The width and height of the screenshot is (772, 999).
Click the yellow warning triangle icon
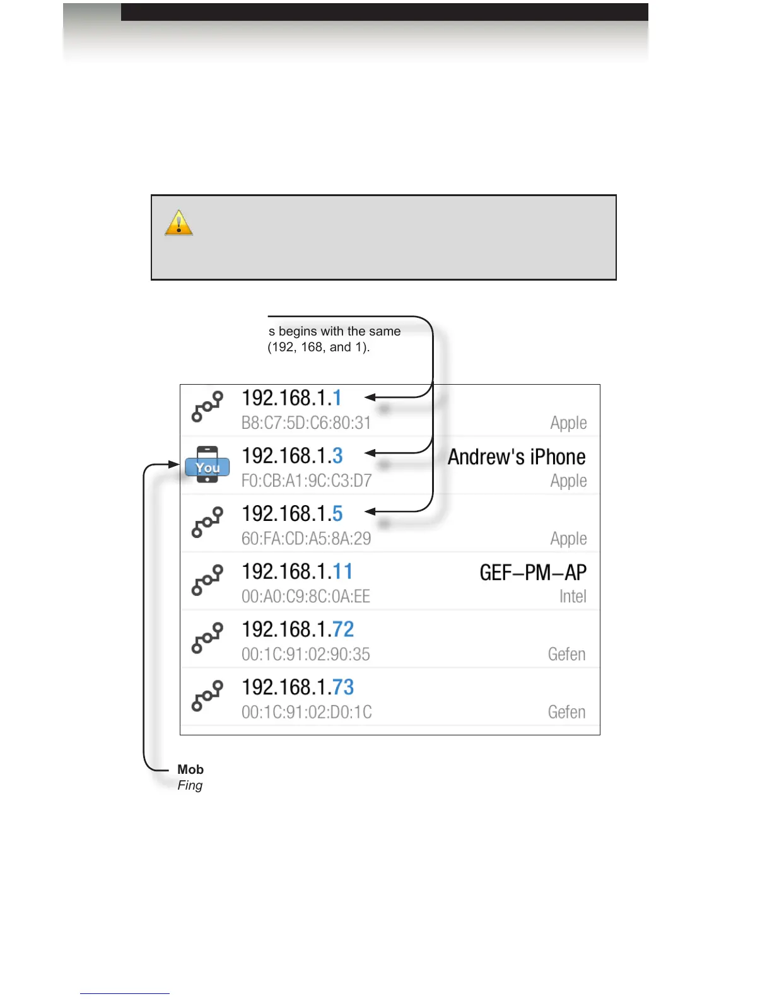(178, 223)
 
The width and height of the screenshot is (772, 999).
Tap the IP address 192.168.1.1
(291, 398)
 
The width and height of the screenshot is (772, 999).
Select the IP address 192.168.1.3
(292, 456)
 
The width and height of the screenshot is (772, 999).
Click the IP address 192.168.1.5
(292, 514)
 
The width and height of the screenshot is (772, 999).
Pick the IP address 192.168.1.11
(297, 572)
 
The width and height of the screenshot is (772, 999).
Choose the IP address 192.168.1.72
(298, 629)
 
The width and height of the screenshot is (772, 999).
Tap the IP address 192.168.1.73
(298, 687)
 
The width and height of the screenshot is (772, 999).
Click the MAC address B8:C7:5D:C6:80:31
(306, 423)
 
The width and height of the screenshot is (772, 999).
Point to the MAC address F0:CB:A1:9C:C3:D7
(307, 481)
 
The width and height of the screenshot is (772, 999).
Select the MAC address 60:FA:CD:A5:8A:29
(306, 539)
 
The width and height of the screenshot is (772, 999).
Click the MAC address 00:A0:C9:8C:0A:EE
(306, 597)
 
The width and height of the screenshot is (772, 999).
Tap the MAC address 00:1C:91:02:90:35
(306, 655)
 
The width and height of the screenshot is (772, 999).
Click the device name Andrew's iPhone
(517, 457)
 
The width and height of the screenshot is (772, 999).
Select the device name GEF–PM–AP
(533, 573)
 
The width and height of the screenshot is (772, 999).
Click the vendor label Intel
(573, 597)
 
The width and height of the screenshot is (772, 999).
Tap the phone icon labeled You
(208, 465)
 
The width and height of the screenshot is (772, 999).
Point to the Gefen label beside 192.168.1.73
(566, 712)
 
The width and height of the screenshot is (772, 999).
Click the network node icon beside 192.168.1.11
(208, 580)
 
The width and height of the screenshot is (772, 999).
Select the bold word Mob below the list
(190, 769)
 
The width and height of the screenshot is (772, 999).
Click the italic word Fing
(190, 785)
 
